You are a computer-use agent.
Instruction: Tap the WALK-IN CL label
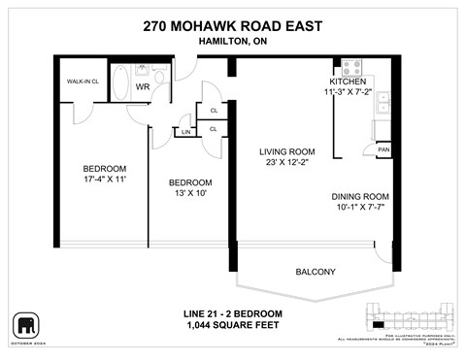(x=80, y=82)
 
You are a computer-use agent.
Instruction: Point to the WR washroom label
(x=142, y=87)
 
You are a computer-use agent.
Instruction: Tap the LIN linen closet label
(x=185, y=131)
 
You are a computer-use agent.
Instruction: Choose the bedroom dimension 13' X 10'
(x=189, y=194)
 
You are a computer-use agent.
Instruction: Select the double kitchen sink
(x=383, y=103)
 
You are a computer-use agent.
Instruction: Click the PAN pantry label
(x=383, y=150)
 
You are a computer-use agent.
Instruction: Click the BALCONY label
(x=316, y=272)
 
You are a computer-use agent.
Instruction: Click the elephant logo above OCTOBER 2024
(x=26, y=323)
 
